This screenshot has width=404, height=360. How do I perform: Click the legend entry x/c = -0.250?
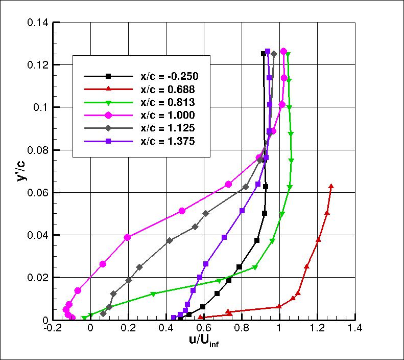(169, 76)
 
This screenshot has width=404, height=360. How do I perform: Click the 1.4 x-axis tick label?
(354, 329)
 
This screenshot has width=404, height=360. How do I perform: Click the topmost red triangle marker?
(331, 187)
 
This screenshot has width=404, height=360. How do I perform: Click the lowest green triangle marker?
(84, 318)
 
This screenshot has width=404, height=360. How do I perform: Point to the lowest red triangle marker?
(200, 318)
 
